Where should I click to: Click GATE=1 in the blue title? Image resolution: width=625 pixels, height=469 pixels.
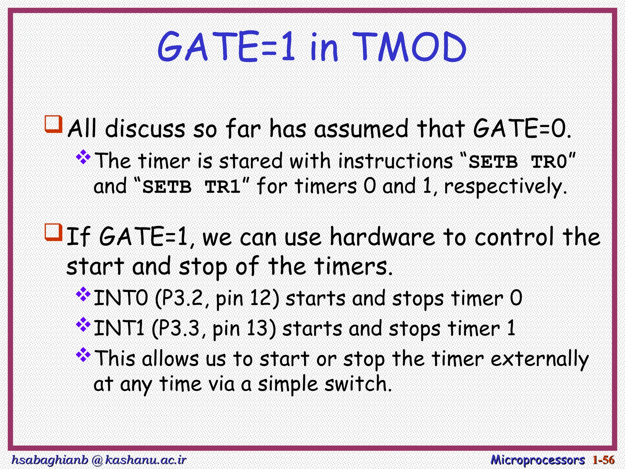point(226,47)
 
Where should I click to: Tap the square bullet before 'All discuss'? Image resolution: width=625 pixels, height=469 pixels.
point(54,124)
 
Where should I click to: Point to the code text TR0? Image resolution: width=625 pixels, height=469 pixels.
point(549,162)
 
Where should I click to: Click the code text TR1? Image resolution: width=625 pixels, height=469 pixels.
point(223,187)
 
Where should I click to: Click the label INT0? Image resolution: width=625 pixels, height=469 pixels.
point(121,298)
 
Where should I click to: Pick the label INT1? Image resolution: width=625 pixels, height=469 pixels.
point(119,329)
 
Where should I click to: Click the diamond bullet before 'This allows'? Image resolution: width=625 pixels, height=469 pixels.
point(83,355)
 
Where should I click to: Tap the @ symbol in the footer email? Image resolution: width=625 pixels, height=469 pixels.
point(97,460)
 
